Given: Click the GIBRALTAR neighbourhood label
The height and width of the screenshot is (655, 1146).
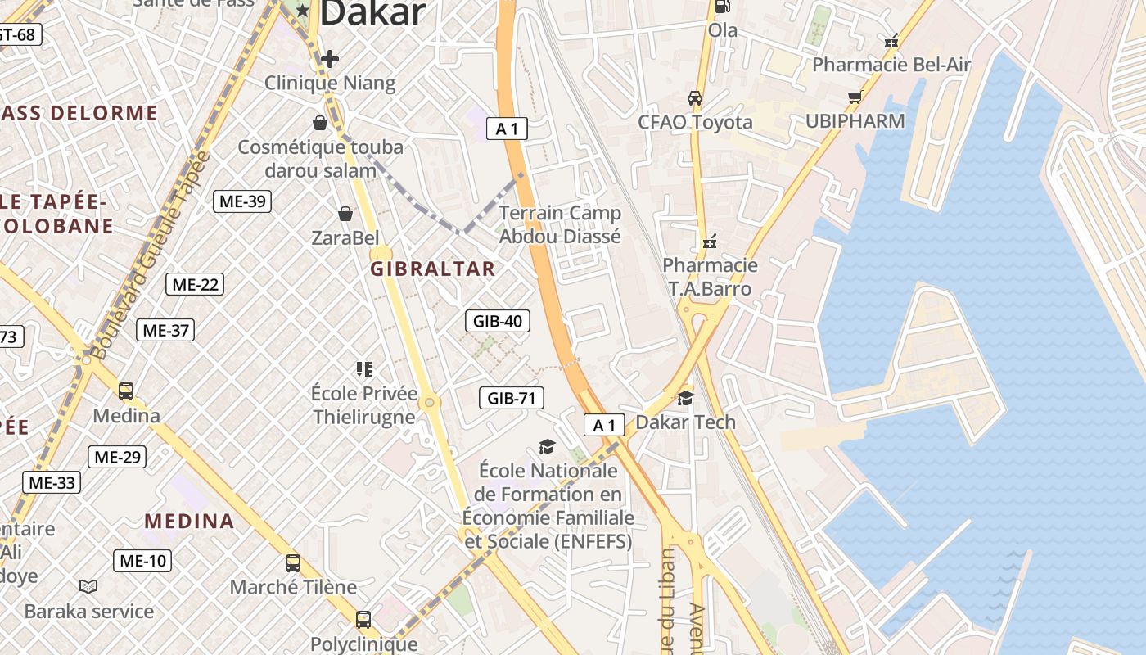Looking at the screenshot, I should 433,269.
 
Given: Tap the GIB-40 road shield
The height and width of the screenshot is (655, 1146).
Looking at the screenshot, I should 497,321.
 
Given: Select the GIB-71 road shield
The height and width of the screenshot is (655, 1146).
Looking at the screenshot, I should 511,399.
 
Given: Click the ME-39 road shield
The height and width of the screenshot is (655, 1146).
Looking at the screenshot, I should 242,201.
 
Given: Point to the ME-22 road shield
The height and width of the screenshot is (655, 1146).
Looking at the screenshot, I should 195,285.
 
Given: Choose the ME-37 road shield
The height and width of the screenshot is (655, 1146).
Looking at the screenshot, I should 165,330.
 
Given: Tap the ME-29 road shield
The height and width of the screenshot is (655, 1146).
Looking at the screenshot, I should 117,457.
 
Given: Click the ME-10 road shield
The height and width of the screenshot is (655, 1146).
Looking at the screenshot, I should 142,561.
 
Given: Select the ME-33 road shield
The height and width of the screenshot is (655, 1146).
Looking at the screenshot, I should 52,482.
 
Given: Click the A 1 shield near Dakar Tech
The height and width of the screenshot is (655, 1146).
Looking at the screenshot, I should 604,425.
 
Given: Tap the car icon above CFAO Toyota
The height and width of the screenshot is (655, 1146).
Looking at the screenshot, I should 695,98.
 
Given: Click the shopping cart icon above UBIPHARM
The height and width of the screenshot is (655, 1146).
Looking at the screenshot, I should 855,97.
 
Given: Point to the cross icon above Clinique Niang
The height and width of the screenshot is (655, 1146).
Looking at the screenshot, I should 330,59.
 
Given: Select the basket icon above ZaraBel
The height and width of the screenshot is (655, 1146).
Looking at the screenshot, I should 345,214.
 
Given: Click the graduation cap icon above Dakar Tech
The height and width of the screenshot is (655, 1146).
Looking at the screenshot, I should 685,398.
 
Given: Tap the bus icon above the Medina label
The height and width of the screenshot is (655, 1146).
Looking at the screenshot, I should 126,391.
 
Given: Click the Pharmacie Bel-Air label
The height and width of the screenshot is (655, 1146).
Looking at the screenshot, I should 891,65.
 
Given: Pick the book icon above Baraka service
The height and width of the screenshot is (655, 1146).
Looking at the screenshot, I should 88,586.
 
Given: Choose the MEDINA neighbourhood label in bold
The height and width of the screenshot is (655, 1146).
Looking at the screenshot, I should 189,521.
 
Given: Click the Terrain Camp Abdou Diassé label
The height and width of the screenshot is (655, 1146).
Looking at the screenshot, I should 560,224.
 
